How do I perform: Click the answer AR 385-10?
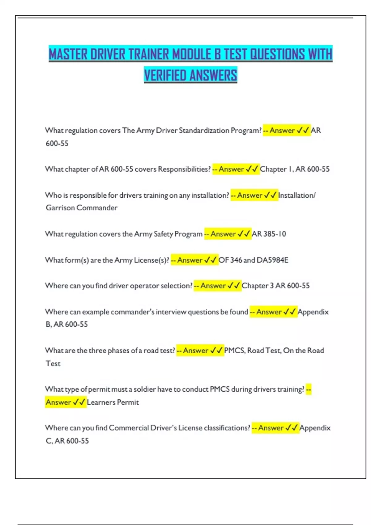(269, 234)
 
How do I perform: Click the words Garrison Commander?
(82, 208)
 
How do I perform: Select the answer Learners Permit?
(113, 402)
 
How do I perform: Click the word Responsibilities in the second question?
(184, 169)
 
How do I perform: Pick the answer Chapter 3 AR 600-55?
(275, 286)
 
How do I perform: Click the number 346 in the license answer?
(236, 260)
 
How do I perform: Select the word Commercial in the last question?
(129, 428)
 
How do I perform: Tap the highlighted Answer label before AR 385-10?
(223, 234)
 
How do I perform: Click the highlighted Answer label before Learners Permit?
(58, 402)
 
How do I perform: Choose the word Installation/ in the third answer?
(297, 195)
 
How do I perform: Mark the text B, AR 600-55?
(67, 324)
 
